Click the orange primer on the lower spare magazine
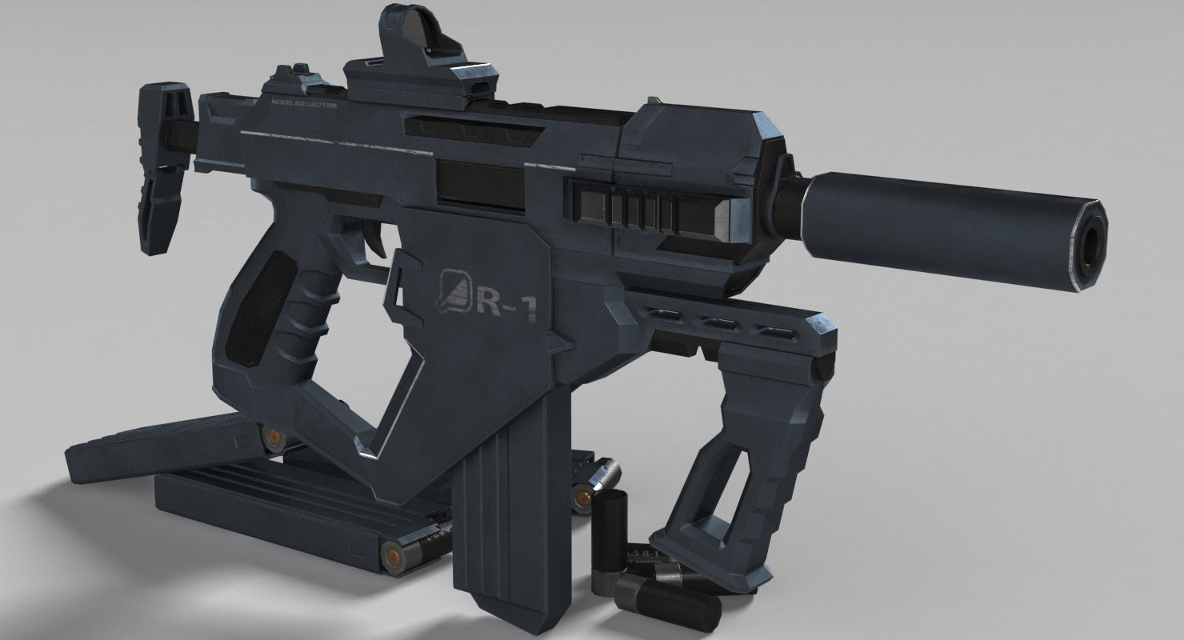(393, 552)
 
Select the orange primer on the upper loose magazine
(274, 437)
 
